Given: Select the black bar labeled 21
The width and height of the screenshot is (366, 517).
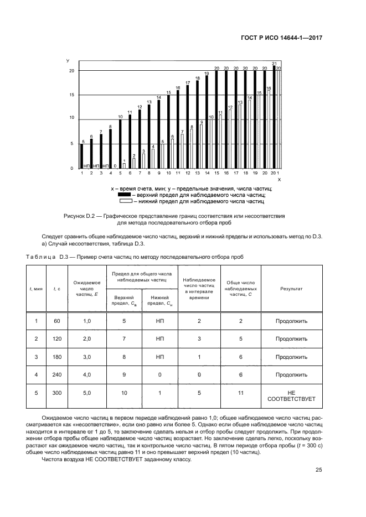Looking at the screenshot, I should [274, 117].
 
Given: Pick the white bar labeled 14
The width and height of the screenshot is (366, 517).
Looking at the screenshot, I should [250, 134].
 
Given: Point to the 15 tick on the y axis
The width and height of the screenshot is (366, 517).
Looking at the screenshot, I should [71, 95].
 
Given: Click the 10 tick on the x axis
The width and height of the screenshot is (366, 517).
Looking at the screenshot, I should [168, 174].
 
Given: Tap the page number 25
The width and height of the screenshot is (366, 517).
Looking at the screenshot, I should [319, 470].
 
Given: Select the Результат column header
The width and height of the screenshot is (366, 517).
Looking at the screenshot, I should [291, 289].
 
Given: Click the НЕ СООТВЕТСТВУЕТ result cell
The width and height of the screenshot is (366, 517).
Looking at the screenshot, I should [291, 395].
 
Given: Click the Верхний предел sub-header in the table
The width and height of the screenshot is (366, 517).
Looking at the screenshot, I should [125, 300].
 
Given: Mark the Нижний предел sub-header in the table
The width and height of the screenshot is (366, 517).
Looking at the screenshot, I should [159, 300].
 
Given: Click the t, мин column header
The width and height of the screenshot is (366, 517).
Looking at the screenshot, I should [37, 289].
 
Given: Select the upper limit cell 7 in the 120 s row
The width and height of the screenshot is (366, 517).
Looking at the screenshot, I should [125, 338].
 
